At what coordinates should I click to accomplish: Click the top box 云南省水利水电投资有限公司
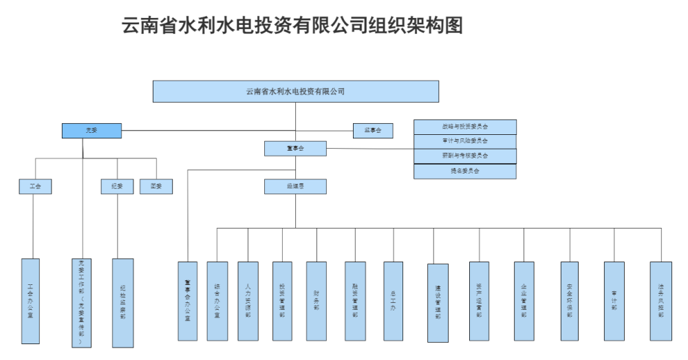pos(295,91)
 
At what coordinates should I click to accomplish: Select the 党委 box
pos(92,130)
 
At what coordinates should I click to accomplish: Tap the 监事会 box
pos(372,129)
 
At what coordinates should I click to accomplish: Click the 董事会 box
pos(295,148)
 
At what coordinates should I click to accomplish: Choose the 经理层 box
pos(295,186)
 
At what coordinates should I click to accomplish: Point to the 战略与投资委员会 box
pos(464,127)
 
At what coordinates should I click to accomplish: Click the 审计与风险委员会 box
pos(464,141)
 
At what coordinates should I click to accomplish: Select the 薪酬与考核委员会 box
pos(464,156)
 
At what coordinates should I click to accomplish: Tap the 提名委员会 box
pos(464,171)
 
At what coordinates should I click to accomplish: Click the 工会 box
pos(35,186)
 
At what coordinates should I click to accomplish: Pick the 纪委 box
pos(117,186)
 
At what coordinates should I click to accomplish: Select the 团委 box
pos(156,186)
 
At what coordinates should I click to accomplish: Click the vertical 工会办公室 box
pos(30,301)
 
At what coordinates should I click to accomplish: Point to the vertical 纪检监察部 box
pos(122,302)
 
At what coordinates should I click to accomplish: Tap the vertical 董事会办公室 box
pos(187,301)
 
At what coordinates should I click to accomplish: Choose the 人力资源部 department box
pos(248,301)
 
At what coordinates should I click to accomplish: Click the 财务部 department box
pos(316,301)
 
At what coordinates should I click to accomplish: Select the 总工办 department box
pos(394,301)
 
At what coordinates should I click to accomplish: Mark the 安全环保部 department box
pos(569,301)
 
